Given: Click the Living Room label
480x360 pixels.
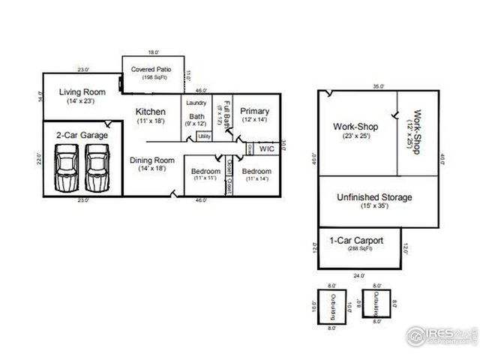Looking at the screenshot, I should [82, 92].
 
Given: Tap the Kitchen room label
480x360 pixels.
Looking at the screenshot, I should [150, 112].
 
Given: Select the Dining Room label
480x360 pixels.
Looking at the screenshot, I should [152, 160].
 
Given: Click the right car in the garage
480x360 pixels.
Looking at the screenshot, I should [97, 167].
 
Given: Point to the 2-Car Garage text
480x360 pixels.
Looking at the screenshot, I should [82, 135].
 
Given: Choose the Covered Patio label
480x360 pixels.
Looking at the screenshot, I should [151, 70].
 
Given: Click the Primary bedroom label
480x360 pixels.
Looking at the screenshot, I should [254, 112].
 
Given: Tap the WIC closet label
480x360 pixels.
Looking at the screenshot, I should [266, 148].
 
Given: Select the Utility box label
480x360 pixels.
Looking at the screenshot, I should [204, 136].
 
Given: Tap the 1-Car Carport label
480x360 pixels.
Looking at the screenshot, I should [356, 241].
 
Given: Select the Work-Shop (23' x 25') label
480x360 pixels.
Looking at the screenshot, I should [355, 127].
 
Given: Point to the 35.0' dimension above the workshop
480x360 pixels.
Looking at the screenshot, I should [377, 86].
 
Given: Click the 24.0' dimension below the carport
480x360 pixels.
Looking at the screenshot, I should [358, 274].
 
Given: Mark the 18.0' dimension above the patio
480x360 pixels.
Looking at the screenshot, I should [153, 52].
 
